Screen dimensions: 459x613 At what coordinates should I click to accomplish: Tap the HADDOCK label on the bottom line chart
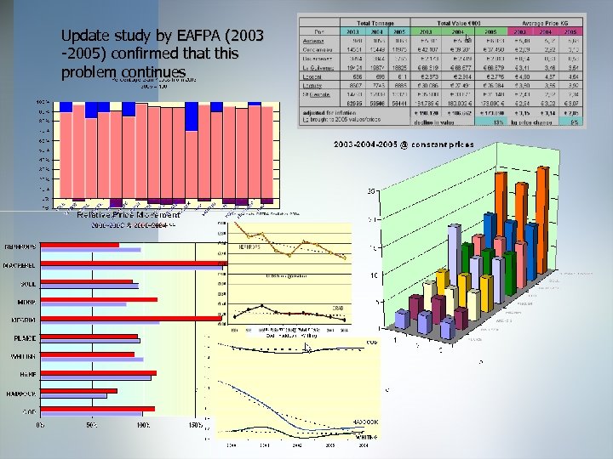(x=364, y=422)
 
